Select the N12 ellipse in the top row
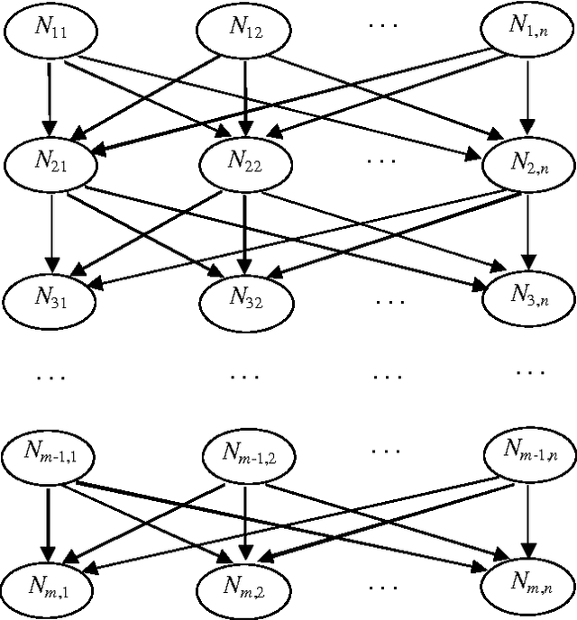coord(243,32)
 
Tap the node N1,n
coord(526,32)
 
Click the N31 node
coord(49,296)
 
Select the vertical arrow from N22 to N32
coord(243,230)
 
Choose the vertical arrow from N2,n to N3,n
coord(527,230)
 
